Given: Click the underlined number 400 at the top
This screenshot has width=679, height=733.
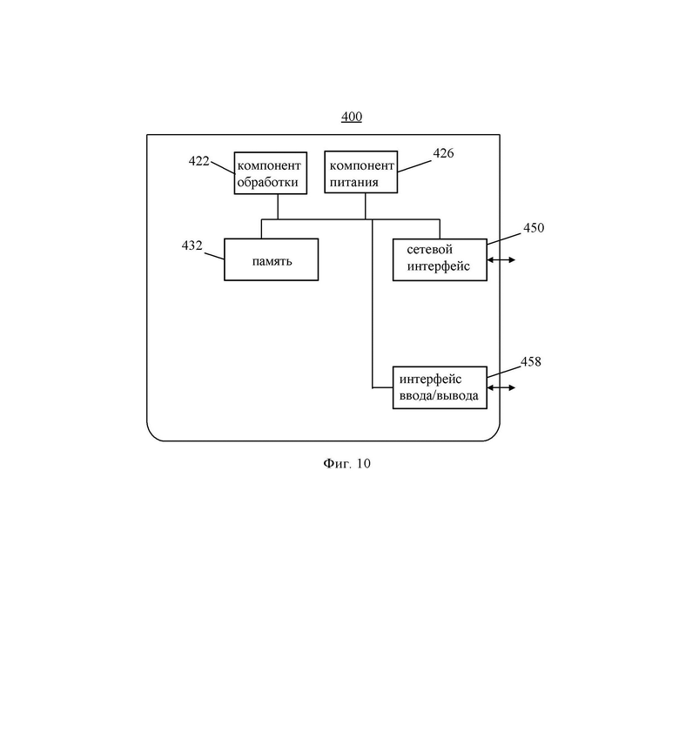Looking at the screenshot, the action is click(352, 117).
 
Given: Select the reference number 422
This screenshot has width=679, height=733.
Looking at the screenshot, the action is click(198, 161).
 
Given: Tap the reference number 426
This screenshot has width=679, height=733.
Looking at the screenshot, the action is click(443, 153).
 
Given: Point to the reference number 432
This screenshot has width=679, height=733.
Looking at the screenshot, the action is click(192, 245).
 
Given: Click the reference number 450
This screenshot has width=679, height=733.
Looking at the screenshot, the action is click(534, 228).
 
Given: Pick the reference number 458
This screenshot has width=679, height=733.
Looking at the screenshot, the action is click(531, 362).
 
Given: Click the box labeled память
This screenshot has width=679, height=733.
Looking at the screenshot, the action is click(271, 259).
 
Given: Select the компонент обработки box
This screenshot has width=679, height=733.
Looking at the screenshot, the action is click(271, 173).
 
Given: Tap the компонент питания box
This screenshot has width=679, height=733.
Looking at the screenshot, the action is click(361, 172).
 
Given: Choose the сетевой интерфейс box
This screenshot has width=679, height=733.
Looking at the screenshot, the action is click(440, 260).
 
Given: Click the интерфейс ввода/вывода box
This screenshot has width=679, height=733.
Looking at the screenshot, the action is click(440, 387).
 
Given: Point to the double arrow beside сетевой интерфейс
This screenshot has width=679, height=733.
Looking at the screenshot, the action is click(501, 260).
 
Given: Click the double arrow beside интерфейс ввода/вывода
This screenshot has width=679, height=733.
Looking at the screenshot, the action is click(501, 387).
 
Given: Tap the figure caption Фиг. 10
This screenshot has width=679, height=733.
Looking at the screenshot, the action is click(346, 463).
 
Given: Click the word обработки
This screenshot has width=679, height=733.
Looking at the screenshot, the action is click(268, 182).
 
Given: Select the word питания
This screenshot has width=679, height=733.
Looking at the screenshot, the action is click(354, 182).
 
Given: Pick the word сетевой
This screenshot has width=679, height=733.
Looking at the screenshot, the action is click(430, 250).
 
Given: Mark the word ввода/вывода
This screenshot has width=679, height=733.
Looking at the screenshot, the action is click(439, 396).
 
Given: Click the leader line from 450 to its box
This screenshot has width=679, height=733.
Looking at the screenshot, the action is click(504, 239).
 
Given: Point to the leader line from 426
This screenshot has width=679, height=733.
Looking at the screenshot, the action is click(414, 166).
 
